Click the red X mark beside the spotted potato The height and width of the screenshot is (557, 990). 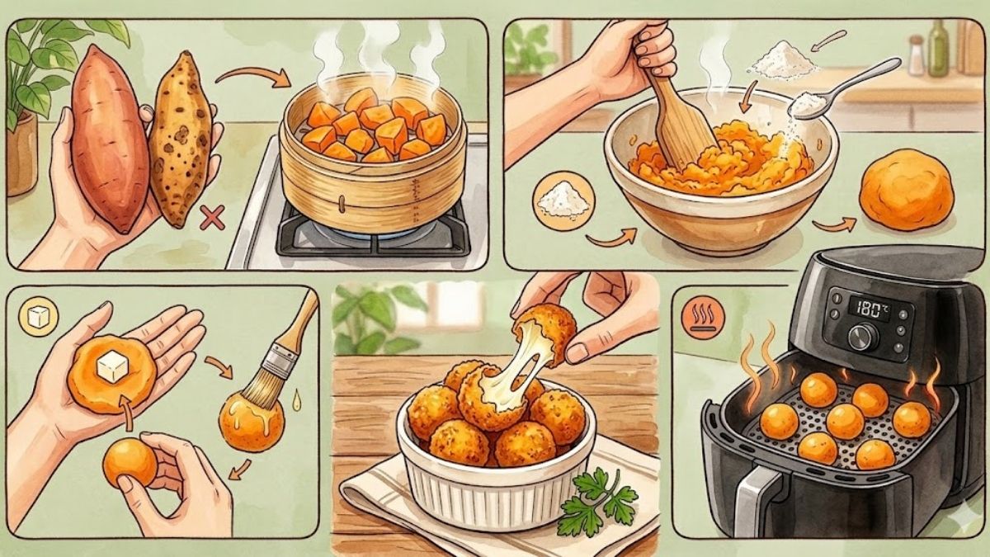click(212, 219)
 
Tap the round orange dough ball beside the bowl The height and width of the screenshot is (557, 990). click(906, 189)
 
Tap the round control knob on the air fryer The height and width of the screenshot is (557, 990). click(862, 337)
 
